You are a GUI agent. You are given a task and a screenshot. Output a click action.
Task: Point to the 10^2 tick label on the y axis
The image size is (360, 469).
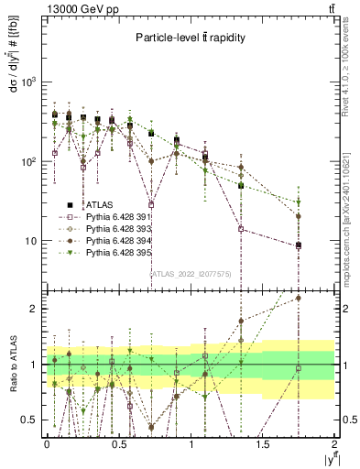(x=30, y=162)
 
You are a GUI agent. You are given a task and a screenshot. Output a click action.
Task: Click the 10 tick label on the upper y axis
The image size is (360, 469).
(x=32, y=242)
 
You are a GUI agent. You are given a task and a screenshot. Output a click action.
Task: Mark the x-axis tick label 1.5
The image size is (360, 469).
(x=264, y=444)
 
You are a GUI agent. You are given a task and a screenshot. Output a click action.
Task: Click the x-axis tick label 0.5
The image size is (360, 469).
(x=119, y=444)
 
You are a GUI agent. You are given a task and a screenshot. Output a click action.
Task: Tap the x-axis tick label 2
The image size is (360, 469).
(x=335, y=444)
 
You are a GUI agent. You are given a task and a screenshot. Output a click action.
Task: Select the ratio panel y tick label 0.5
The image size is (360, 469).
(x=29, y=420)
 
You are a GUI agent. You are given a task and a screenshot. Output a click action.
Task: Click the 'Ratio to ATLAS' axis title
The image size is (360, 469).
(x=12, y=365)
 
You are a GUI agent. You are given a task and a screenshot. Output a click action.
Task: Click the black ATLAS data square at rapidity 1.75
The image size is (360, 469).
(x=299, y=245)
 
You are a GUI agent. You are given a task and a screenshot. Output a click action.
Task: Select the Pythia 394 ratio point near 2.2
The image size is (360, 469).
(x=299, y=298)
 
